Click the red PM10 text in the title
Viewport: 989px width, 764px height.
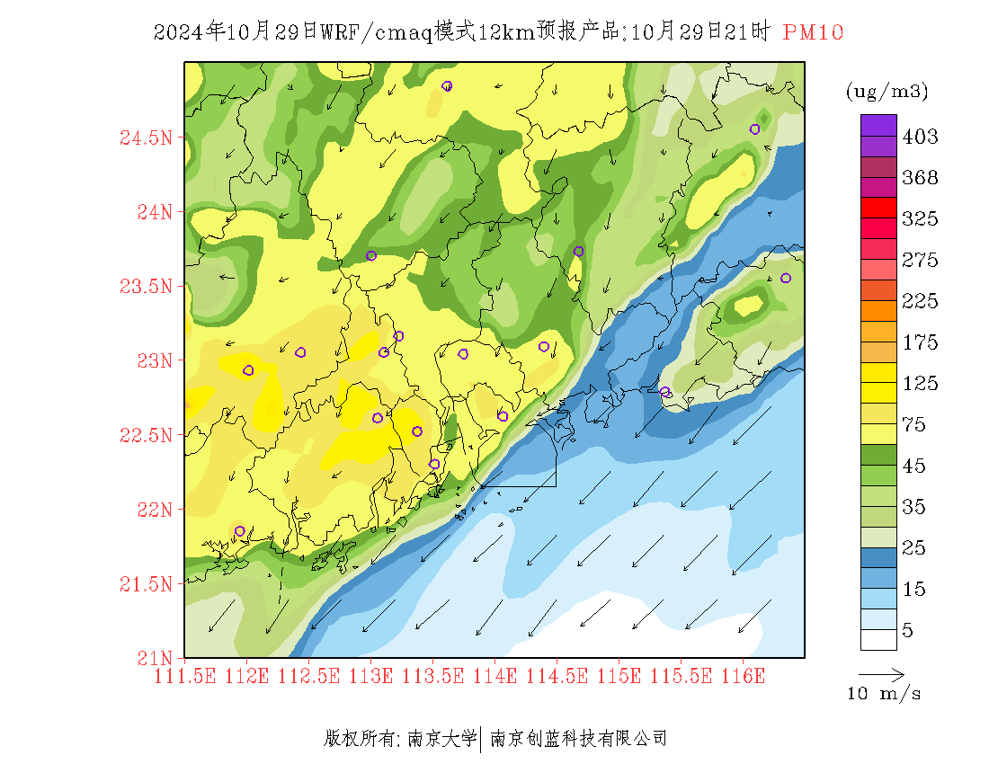coord(813,33)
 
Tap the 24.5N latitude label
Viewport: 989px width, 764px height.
coord(146,138)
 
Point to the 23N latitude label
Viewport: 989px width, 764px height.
coord(153,361)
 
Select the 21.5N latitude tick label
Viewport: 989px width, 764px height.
coord(146,585)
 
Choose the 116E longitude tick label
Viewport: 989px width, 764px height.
coord(743,676)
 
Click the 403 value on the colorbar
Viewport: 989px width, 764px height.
coord(920,138)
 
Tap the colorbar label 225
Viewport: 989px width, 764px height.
coord(920,302)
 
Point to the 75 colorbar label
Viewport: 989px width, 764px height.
coord(914,425)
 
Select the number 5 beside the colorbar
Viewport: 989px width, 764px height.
coord(908,631)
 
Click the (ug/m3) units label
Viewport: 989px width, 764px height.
coord(887,92)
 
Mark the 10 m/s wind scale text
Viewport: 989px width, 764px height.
coord(885,694)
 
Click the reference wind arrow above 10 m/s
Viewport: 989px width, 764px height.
coord(880,673)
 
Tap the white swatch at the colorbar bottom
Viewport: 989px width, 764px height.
coord(878,639)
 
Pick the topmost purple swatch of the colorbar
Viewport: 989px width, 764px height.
coord(878,125)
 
